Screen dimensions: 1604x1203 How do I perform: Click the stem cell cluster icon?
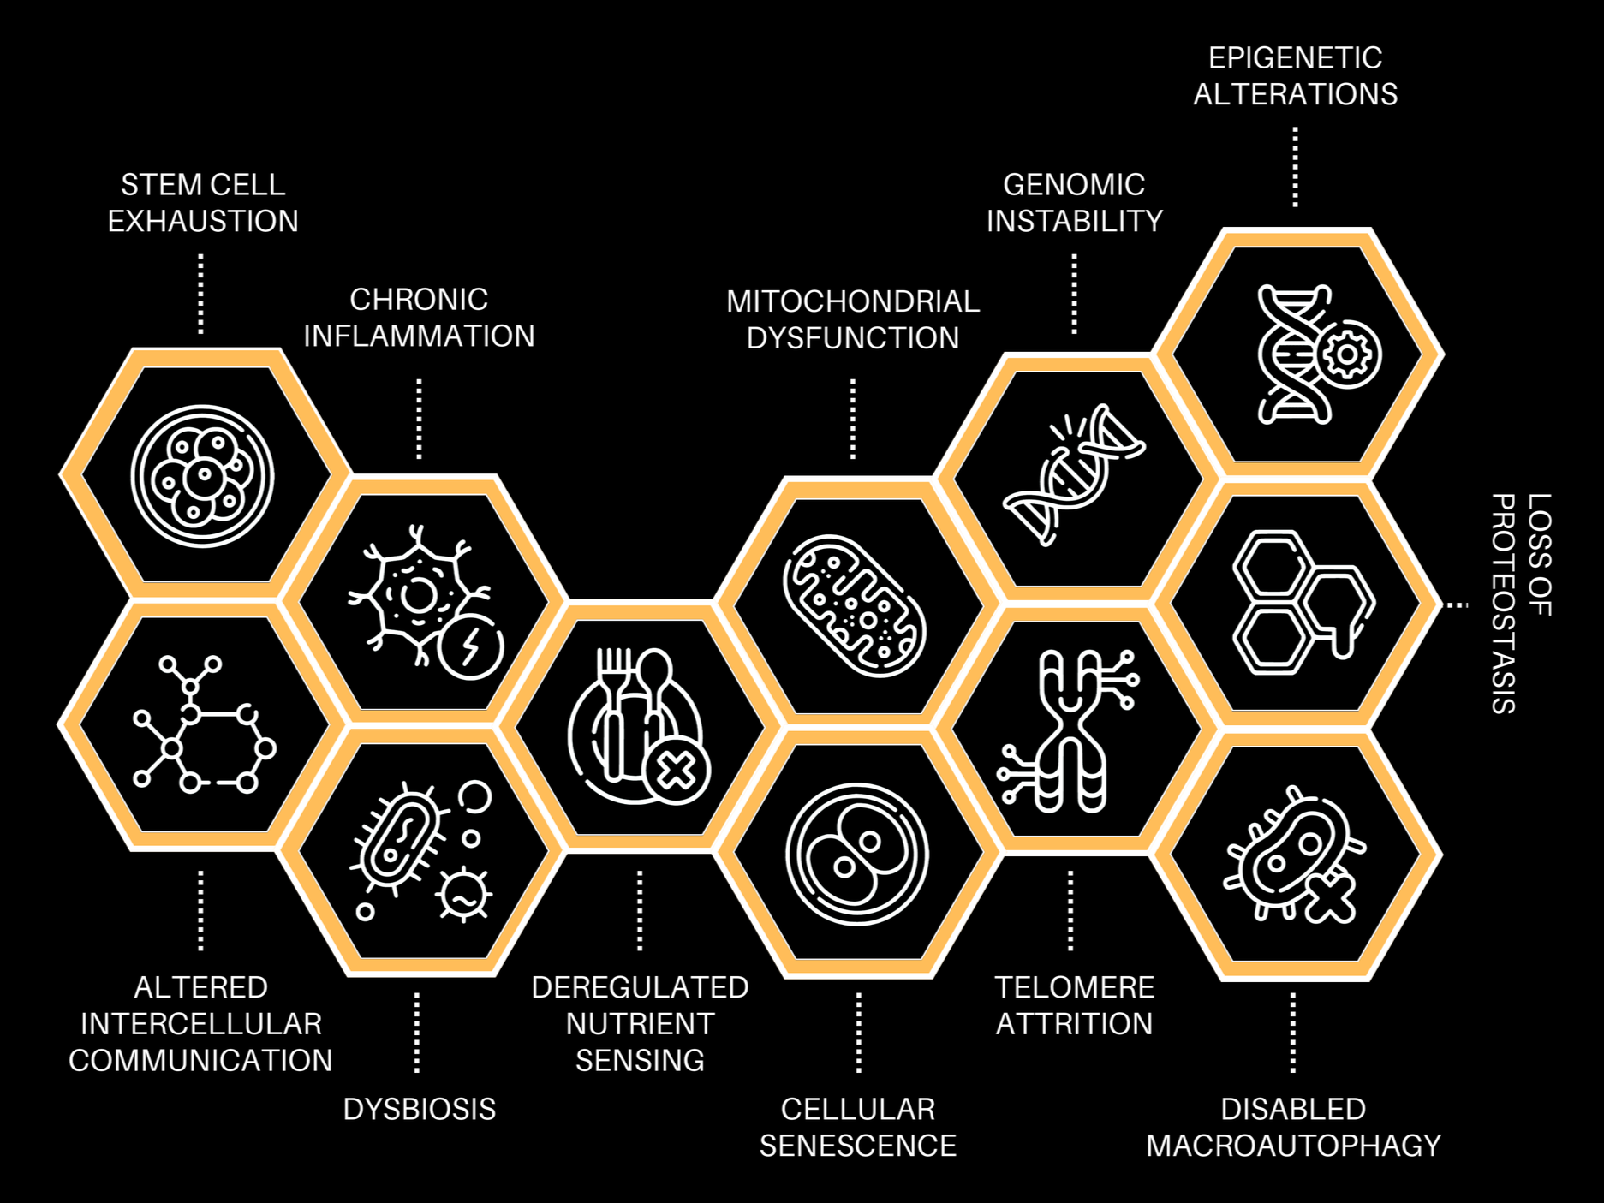[x=202, y=475]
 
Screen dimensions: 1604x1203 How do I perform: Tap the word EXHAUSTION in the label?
[x=203, y=222]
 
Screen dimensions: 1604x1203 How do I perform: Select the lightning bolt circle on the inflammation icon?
[x=469, y=646]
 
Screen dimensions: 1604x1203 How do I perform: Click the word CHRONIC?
[x=419, y=300]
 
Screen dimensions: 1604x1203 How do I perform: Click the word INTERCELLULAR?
[x=201, y=1024]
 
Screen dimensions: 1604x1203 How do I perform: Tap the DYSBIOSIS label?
[x=420, y=1110]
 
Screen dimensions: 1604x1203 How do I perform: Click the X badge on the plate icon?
[x=677, y=771]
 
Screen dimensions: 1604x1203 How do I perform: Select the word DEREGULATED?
[x=640, y=987]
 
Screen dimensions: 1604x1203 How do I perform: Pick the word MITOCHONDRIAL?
[x=853, y=301]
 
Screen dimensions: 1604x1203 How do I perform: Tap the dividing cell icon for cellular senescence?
[x=856, y=854]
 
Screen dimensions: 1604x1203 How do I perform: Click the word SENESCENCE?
[x=858, y=1146]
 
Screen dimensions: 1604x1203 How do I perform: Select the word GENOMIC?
[x=1074, y=185]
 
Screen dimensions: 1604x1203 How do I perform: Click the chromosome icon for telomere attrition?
[x=1070, y=730]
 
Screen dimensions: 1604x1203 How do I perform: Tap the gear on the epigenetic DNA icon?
[x=1348, y=354]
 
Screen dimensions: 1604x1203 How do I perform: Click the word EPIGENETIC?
[x=1295, y=58]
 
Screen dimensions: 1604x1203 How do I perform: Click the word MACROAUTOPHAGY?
[x=1293, y=1146]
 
